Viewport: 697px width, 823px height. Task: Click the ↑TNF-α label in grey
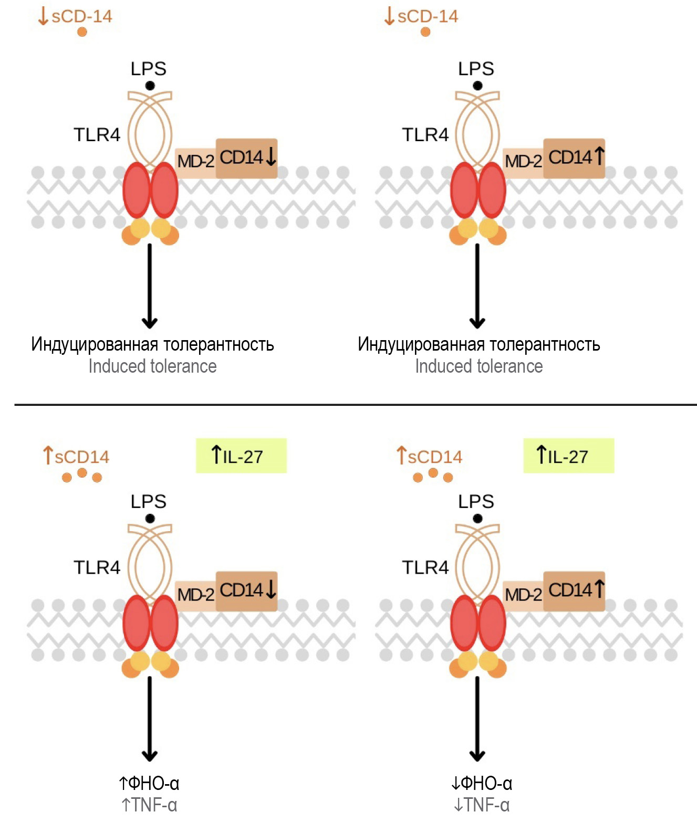[149, 805]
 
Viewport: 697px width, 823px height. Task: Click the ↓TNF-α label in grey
[481, 805]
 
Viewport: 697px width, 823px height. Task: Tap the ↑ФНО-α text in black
[149, 784]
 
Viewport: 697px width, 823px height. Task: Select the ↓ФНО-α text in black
[481, 784]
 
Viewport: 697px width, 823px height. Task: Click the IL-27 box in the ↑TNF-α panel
[241, 456]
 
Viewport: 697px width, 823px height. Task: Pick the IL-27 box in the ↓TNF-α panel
[568, 456]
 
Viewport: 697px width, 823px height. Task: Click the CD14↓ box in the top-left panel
[247, 158]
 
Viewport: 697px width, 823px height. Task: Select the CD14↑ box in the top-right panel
[575, 158]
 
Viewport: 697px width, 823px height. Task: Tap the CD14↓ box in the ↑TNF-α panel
[247, 591]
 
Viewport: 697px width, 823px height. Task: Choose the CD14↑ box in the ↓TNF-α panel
[575, 591]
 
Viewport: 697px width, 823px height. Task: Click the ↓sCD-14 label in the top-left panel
[75, 16]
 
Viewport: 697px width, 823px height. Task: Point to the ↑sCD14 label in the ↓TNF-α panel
[429, 456]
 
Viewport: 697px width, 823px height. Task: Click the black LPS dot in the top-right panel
[477, 86]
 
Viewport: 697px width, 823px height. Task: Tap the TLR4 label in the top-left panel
[97, 135]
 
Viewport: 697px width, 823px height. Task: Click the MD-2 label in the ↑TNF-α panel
[195, 595]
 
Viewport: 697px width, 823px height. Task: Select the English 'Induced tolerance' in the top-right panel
[478, 366]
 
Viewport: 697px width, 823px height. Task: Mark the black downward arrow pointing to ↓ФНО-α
[477, 719]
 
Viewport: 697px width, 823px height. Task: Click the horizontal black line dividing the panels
[355, 405]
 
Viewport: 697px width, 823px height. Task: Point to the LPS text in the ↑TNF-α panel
[149, 501]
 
